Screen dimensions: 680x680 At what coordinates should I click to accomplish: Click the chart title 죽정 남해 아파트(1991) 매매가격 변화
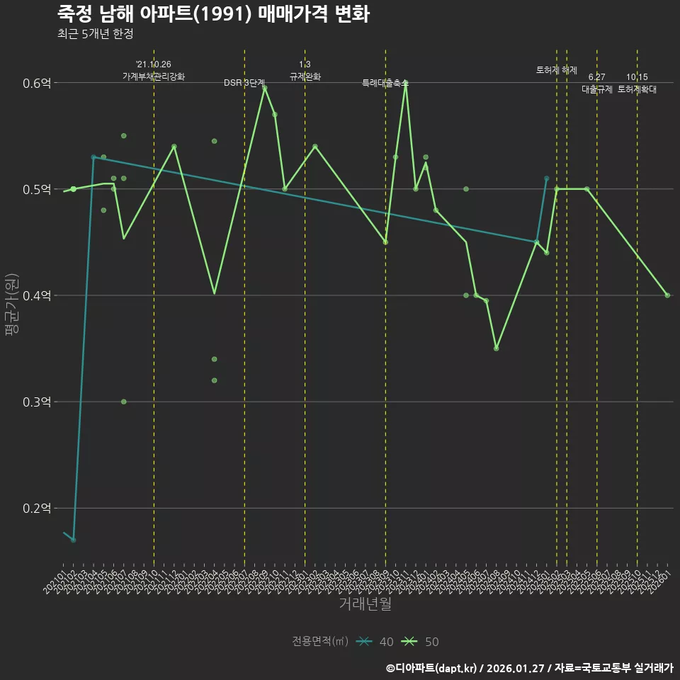pos(213,14)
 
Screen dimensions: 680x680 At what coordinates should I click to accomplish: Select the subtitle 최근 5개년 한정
pos(95,33)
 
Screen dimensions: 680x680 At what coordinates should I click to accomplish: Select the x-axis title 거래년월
pos(365,603)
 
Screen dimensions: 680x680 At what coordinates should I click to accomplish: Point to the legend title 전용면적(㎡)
pos(319,642)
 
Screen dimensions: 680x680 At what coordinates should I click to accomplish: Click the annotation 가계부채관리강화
pos(154,76)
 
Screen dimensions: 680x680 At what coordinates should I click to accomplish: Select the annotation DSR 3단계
pos(244,83)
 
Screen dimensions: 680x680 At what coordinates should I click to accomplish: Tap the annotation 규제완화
pos(305,76)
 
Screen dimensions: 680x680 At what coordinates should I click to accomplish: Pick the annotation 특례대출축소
pos(385,83)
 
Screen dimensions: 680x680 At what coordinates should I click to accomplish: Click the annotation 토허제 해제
pos(557,70)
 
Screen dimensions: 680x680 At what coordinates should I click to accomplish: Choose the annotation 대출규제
pos(596,89)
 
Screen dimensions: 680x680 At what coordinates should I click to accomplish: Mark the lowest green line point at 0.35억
pos(497,348)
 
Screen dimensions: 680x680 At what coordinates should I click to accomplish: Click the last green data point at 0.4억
pos(667,295)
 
